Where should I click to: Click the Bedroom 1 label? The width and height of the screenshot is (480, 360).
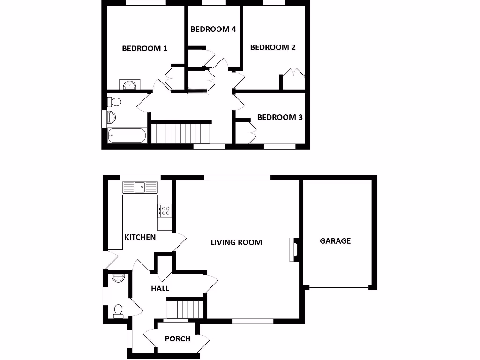(144, 48)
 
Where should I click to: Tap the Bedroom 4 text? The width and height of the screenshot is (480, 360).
(213, 29)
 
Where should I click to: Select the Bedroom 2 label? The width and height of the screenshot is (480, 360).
(273, 47)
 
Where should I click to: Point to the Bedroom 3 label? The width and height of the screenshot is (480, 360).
(280, 117)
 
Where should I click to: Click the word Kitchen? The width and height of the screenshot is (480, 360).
(140, 237)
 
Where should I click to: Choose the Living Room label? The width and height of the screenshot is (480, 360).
(236, 242)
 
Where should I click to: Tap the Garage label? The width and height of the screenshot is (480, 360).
(335, 241)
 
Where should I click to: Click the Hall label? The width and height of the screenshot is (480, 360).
(160, 289)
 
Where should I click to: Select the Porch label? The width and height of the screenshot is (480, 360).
(178, 338)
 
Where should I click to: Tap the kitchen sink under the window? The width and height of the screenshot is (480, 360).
(141, 187)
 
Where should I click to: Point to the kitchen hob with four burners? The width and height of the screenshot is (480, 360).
(165, 210)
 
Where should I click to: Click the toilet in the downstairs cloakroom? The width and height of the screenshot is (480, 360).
(118, 311)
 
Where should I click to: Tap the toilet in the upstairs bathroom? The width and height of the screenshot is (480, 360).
(114, 101)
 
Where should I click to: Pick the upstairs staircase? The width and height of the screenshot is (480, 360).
(181, 133)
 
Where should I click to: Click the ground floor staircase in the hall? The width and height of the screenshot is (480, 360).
(186, 310)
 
